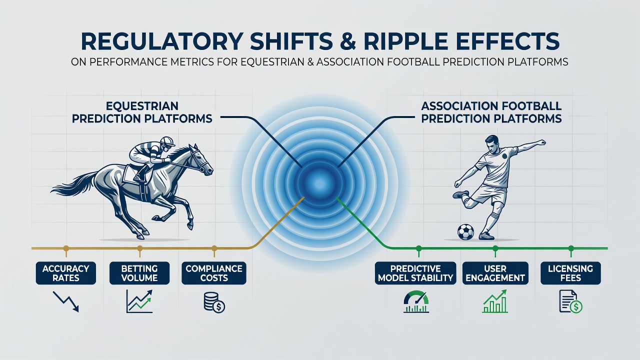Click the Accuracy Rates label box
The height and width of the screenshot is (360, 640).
(65, 273)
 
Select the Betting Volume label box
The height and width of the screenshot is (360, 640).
(139, 273)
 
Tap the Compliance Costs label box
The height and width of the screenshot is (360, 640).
(214, 273)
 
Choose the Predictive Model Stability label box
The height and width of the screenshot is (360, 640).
(415, 273)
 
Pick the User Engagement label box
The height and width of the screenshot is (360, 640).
(495, 273)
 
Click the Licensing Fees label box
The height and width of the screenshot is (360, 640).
(570, 273)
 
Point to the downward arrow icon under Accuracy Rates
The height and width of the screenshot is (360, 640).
(66, 301)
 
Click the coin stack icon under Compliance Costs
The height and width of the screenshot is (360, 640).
(214, 302)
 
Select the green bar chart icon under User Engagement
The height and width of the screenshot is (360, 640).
(495, 301)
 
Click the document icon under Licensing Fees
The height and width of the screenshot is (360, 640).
(570, 301)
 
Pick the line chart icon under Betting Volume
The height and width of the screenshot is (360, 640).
(139, 301)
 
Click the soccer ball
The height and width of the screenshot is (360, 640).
(465, 231)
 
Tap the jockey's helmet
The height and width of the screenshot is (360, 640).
(167, 141)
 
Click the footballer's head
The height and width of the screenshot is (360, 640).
(492, 144)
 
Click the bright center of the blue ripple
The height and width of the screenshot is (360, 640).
(319, 183)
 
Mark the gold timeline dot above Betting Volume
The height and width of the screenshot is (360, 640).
(139, 248)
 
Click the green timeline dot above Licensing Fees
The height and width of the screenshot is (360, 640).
(571, 248)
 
